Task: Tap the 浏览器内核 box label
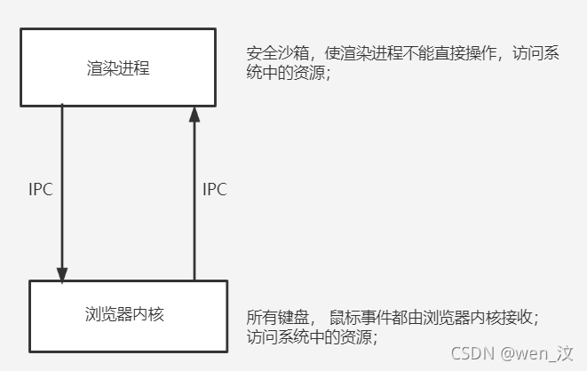(121, 314)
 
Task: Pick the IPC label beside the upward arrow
(215, 189)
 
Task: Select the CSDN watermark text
(472, 353)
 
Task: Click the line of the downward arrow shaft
(62, 186)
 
